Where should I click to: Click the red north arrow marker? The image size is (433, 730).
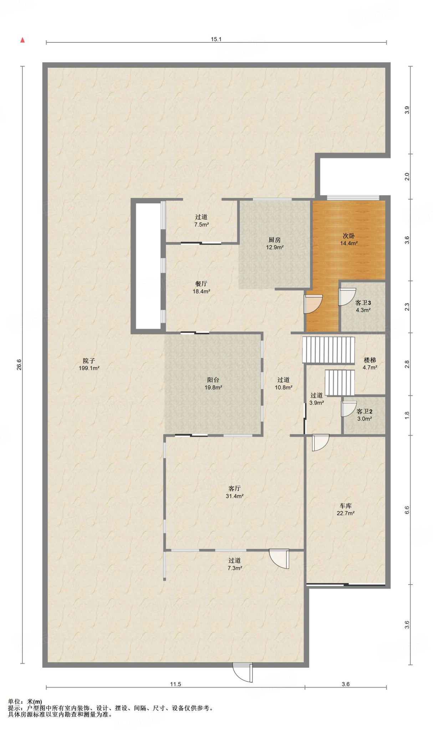click(x=22, y=40)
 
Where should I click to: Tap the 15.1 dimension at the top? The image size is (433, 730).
click(x=216, y=39)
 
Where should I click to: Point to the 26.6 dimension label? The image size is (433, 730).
click(x=19, y=364)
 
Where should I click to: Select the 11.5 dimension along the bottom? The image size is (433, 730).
click(x=175, y=684)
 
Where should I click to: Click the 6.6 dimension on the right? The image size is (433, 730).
click(x=407, y=510)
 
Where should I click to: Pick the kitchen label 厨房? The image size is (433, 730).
click(x=275, y=240)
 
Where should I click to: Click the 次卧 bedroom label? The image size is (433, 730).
click(x=348, y=236)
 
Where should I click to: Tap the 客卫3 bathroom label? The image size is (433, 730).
click(x=363, y=303)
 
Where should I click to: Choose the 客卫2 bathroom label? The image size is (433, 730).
click(x=365, y=411)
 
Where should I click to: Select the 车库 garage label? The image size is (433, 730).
click(x=346, y=506)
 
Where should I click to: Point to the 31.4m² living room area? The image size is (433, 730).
click(x=235, y=496)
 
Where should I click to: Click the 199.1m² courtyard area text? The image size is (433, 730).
click(x=89, y=368)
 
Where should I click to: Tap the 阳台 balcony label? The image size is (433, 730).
click(x=213, y=380)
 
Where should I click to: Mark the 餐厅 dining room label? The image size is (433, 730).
click(x=201, y=284)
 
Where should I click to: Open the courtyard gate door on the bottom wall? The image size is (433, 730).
click(x=243, y=672)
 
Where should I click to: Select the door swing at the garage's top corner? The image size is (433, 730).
click(x=320, y=442)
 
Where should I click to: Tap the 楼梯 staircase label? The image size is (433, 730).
click(x=370, y=360)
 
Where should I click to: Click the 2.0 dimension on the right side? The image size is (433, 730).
click(x=407, y=176)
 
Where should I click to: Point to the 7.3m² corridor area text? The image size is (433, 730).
click(x=235, y=568)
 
